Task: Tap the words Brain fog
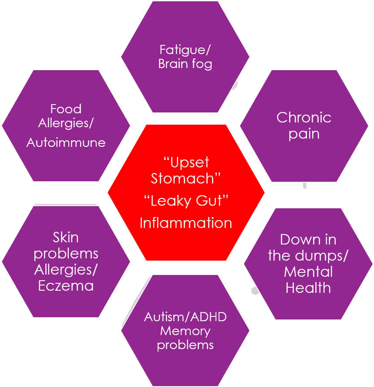point(185,64)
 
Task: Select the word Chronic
point(304,117)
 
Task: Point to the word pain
point(304,133)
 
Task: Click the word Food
point(66,109)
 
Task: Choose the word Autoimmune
point(66,143)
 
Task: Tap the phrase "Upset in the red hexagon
point(186,163)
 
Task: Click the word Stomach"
point(186,178)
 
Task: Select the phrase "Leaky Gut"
point(186,201)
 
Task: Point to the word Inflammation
point(186,223)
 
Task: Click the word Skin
point(66,238)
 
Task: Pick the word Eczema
point(66,286)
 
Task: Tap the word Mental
point(308,272)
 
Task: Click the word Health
point(308,288)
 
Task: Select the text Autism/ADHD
point(185,317)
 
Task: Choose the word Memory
point(185,331)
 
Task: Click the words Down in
point(308,240)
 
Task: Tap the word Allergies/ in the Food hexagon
point(66,123)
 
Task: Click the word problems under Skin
point(66,254)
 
